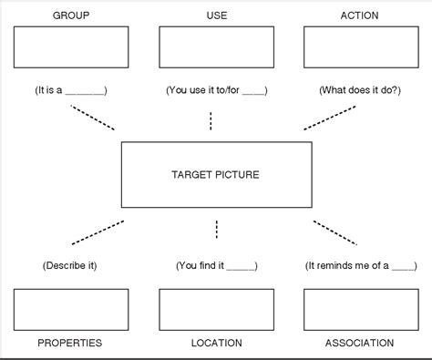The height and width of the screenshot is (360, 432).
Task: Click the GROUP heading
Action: coord(70,15)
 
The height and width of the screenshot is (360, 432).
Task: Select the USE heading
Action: coord(216,15)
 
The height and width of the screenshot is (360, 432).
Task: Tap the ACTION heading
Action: coord(359,15)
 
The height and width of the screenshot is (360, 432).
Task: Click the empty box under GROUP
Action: coord(71,47)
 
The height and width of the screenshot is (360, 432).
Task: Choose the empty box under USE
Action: coord(216,47)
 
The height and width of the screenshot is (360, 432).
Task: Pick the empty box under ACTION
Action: coord(360,47)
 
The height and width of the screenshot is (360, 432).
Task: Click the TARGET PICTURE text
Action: coord(216,174)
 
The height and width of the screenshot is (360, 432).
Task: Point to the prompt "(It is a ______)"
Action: coord(71,90)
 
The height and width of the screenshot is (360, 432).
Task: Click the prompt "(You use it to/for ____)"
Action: coord(216,90)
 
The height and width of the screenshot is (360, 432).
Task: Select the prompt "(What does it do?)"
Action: coord(359,90)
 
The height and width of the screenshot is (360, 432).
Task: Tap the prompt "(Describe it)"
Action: coord(69,265)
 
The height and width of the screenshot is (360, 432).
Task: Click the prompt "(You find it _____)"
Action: coord(216,265)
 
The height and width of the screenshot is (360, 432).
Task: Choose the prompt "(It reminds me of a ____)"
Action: coord(360,265)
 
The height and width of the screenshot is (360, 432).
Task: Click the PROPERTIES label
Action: coord(70,344)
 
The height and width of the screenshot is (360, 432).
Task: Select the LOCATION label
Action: coord(216,344)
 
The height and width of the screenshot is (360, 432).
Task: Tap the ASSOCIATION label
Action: coord(359,344)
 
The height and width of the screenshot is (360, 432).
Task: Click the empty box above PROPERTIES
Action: coord(71,309)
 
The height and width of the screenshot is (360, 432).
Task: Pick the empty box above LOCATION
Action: coord(216,309)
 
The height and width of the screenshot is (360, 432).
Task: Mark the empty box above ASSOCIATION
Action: coord(360,309)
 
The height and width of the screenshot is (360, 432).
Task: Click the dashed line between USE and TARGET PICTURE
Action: coord(211,120)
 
